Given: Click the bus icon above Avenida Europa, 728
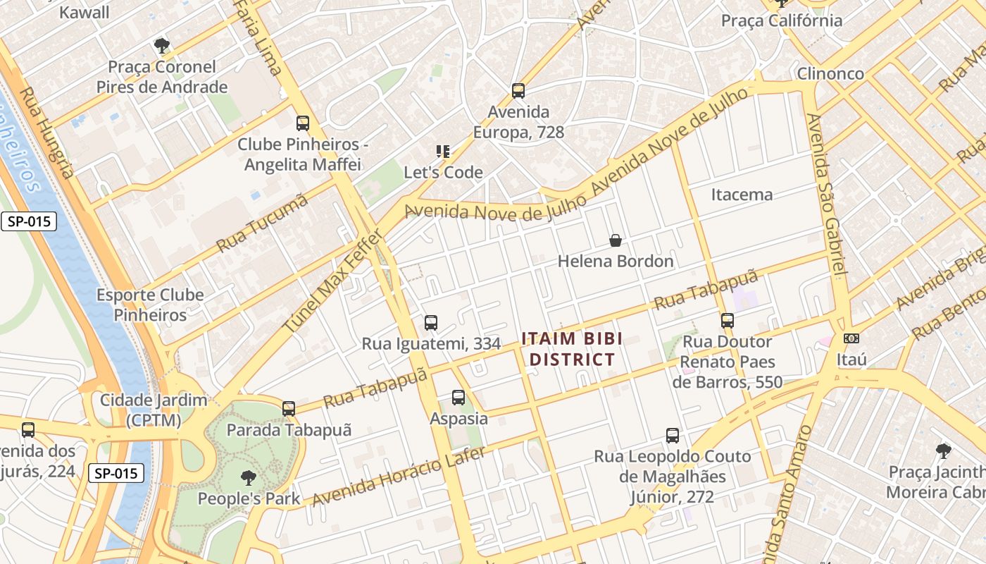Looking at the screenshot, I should (x=518, y=91).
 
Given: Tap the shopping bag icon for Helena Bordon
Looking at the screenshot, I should (x=616, y=241).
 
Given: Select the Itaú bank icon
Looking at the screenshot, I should (x=851, y=339).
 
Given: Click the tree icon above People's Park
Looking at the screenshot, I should (x=248, y=478).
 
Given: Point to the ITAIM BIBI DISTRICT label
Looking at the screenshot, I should (x=572, y=349).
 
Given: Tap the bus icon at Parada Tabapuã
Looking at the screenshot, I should (x=288, y=409).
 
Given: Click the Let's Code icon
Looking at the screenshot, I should (x=443, y=151).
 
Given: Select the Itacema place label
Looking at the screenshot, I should (x=742, y=195).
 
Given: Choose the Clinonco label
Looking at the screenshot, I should (x=830, y=73).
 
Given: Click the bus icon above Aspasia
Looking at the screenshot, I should (x=458, y=398).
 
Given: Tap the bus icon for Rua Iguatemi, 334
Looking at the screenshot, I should (x=431, y=323).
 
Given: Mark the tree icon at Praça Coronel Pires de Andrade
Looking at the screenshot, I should (x=162, y=47).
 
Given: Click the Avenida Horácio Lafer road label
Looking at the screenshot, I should (x=399, y=477).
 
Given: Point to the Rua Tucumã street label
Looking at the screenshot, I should (x=262, y=223).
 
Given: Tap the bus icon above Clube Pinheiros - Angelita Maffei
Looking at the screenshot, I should (x=303, y=123).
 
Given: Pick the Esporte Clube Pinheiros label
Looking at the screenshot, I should (x=150, y=305).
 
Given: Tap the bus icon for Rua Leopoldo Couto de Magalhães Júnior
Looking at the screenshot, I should (x=673, y=436).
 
